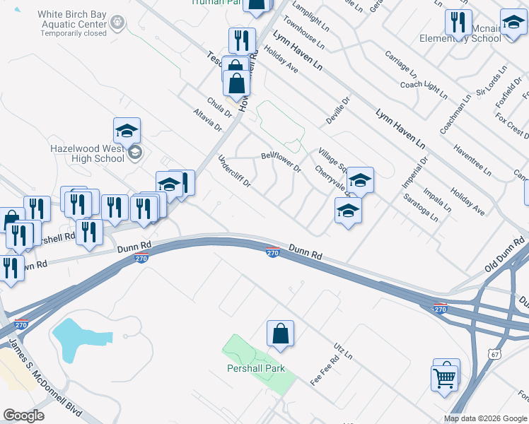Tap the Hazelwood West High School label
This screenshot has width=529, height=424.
[88, 153]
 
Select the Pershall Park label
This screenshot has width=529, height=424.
[255, 368]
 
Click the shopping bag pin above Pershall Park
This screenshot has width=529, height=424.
[280, 334]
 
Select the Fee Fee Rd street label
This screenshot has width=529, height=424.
[325, 370]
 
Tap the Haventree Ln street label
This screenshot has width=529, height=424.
[472, 160]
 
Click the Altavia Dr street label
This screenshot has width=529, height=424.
[208, 119]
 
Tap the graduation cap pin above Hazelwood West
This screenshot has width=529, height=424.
[127, 130]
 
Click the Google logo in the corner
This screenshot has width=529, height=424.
[24, 416]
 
